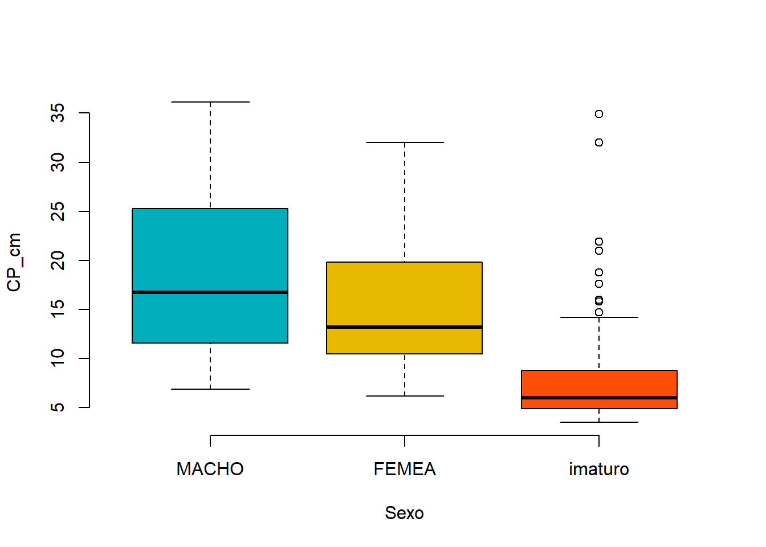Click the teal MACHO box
pyautogui.click(x=210, y=276)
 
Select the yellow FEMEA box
pyautogui.click(x=404, y=308)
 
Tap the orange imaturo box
pyautogui.click(x=599, y=389)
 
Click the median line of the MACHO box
pyautogui.click(x=210, y=292)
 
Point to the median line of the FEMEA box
pyautogui.click(x=404, y=327)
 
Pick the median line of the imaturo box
pyautogui.click(x=599, y=398)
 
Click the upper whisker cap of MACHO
pyautogui.click(x=210, y=102)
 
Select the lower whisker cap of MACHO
pyautogui.click(x=210, y=389)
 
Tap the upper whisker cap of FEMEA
pyautogui.click(x=405, y=142)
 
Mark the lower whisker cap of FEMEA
pyautogui.click(x=405, y=396)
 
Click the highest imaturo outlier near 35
pyautogui.click(x=599, y=114)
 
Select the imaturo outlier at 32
pyautogui.click(x=599, y=142)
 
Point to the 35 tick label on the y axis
pyautogui.click(x=58, y=113)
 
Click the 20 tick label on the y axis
pyautogui.click(x=58, y=260)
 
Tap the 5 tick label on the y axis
pyautogui.click(x=58, y=407)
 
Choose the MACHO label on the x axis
pyautogui.click(x=210, y=469)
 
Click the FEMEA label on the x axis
pyautogui.click(x=405, y=469)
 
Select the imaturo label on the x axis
pyautogui.click(x=599, y=469)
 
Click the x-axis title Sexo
pyautogui.click(x=404, y=513)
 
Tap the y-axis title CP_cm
pyautogui.click(x=14, y=262)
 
